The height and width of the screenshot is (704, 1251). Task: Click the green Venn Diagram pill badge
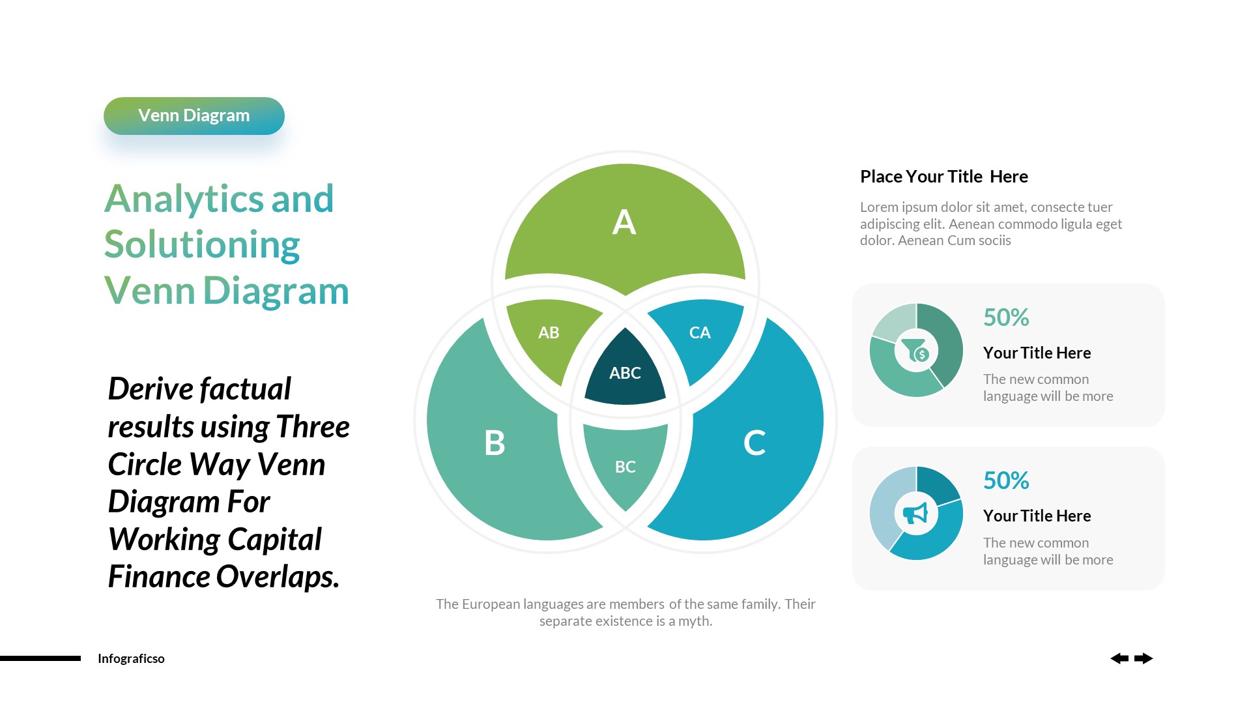(194, 116)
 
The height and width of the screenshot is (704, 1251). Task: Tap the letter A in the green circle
(624, 222)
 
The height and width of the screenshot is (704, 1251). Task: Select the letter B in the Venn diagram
(495, 443)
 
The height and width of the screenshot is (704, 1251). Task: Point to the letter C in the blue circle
(755, 443)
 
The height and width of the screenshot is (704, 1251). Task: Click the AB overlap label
(549, 333)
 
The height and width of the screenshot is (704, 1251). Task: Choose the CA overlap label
(700, 333)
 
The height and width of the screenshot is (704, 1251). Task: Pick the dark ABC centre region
(625, 373)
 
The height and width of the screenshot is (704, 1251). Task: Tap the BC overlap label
(625, 467)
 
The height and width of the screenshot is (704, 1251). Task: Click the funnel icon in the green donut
(915, 351)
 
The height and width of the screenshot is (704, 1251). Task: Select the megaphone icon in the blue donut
(915, 514)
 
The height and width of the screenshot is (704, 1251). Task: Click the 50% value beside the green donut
(1006, 318)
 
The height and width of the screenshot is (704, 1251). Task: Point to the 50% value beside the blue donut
(1006, 481)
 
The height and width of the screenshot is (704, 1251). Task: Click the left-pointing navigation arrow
(1119, 658)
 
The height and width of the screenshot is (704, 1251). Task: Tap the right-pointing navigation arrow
(1143, 658)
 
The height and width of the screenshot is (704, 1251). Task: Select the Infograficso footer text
(131, 659)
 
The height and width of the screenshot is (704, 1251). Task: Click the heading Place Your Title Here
(943, 177)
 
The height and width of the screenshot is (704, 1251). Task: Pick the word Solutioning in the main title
(202, 245)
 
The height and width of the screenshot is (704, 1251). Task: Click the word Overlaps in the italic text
(278, 577)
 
